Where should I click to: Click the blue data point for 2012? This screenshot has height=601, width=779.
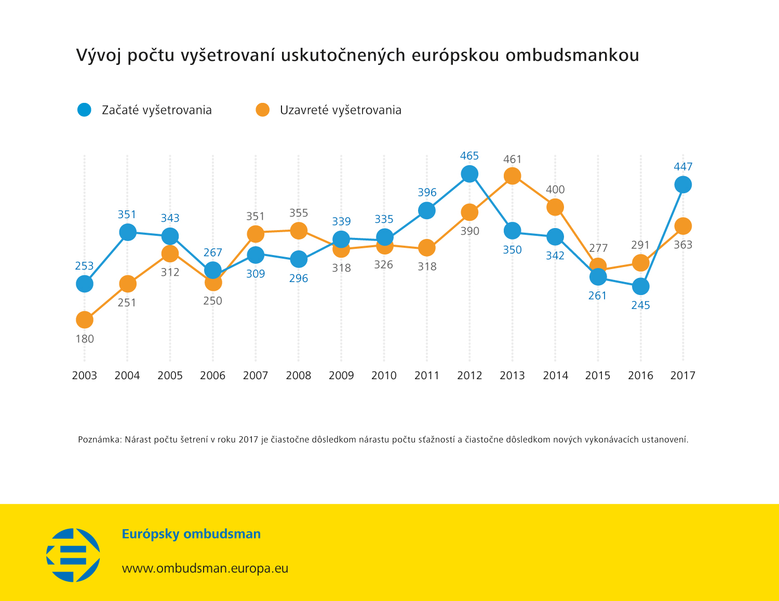[469, 174]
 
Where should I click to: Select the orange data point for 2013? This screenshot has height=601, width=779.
[512, 176]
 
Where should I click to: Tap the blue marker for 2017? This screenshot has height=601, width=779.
[683, 184]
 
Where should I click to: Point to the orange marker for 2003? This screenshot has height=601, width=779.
[85, 320]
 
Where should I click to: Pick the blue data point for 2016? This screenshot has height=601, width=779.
[640, 286]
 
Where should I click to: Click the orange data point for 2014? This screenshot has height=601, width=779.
[555, 207]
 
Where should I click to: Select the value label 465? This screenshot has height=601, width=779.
[469, 156]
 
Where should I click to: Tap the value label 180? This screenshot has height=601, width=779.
[85, 339]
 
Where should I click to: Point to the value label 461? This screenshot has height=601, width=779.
[512, 159]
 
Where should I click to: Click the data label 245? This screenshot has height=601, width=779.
[640, 305]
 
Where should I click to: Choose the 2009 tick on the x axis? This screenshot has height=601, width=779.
[341, 376]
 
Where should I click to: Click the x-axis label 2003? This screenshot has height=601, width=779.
[85, 376]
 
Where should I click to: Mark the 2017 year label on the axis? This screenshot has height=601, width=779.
[683, 376]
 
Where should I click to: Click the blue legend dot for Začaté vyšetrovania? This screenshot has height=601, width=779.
[84, 110]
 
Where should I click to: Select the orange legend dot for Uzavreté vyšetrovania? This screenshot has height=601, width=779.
[263, 110]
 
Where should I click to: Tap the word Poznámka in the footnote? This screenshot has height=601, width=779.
[99, 440]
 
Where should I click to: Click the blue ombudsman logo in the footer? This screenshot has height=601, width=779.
[73, 555]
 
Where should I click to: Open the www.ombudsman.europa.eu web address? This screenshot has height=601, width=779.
[205, 568]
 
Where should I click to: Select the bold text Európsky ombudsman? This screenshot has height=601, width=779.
[191, 534]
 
